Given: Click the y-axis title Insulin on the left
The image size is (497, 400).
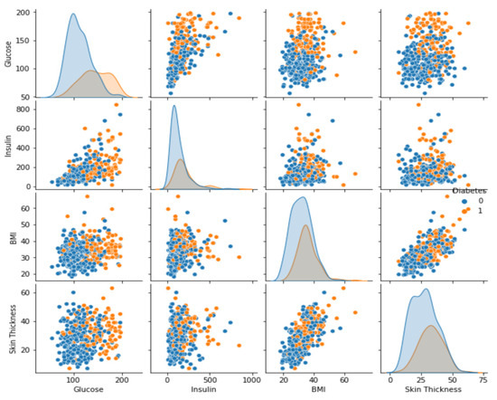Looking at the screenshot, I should (x=7, y=145).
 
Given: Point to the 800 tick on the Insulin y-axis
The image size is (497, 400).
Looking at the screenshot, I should (x=28, y=110).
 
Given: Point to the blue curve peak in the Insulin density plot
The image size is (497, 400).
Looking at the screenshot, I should (x=173, y=106).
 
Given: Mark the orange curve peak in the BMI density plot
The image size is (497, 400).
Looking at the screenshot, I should (x=305, y=225).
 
